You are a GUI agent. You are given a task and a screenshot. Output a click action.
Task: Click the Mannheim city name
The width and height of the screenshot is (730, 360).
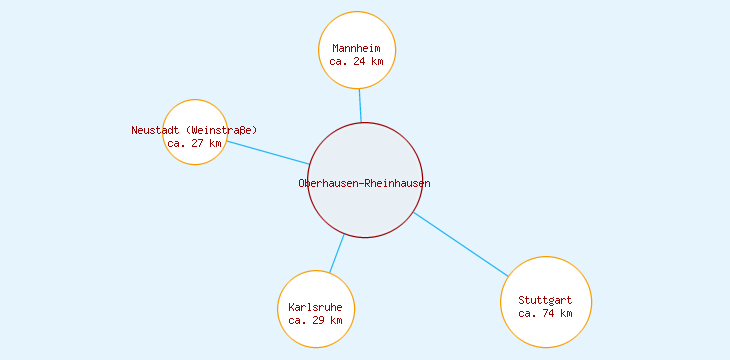coord(357,48)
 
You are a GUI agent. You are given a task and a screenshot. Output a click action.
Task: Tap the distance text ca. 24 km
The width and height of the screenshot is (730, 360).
coord(357,61)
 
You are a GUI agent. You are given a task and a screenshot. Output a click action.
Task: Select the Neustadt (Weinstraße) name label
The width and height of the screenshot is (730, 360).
coord(194,130)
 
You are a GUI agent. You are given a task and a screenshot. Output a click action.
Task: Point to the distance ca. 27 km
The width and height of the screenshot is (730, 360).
coord(195,143)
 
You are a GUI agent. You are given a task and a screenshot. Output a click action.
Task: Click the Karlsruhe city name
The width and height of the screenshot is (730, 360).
coord(315,307)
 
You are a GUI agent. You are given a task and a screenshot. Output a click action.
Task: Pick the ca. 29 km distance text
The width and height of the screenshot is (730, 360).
coord(315,320)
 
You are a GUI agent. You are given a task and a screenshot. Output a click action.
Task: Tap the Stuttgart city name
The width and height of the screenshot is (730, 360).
coord(545,300)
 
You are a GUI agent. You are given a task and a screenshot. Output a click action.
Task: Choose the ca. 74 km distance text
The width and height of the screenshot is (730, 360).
coord(545,313)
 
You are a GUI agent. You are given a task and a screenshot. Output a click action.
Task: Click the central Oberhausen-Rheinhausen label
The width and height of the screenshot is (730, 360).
coord(364,183)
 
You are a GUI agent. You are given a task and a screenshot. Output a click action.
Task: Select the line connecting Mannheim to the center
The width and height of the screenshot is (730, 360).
coord(360,106)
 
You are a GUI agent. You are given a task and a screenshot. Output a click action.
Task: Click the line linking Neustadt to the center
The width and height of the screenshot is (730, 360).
coord(268,152)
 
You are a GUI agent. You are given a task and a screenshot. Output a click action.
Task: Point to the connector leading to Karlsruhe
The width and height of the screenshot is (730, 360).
coord(336,254)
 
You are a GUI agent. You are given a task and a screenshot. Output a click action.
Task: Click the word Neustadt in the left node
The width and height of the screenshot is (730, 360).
coord(156,130)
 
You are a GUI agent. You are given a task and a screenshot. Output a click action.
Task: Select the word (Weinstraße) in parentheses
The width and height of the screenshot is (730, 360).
coord(222,130)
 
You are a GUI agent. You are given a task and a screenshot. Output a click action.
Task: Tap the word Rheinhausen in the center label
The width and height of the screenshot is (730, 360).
coord(397,183)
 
